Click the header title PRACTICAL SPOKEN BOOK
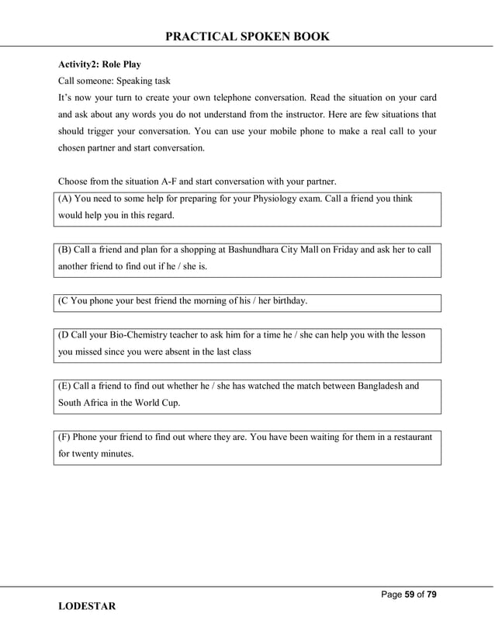(247, 36)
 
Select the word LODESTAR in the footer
(87, 606)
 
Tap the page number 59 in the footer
(410, 594)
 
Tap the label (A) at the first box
(66, 199)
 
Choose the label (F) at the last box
(65, 437)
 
